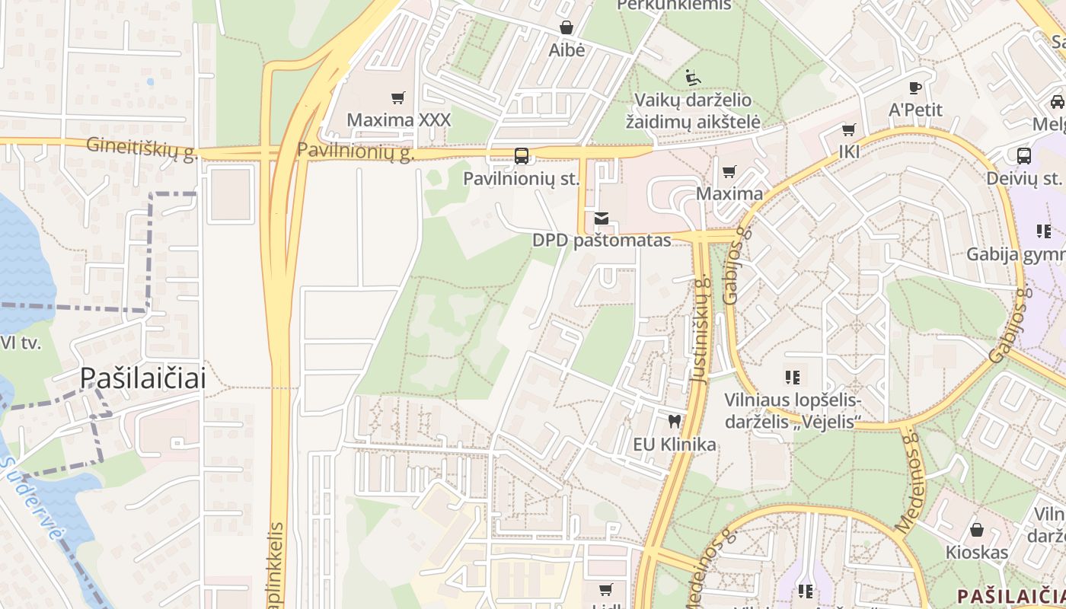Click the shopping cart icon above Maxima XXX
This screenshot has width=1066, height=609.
coord(397,97)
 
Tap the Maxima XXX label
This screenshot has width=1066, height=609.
coord(398,120)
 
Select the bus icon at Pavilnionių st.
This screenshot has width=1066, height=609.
coord(522,156)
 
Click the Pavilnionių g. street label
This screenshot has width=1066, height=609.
coord(356,151)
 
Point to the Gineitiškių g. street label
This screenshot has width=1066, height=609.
coord(142,147)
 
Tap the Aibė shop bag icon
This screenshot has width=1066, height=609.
coord(567,28)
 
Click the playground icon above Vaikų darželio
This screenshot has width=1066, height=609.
coord(693,77)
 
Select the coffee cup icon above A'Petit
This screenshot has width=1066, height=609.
coord(915,88)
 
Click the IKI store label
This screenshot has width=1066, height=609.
coord(849,151)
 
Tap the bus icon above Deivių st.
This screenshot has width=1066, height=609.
coord(1024,156)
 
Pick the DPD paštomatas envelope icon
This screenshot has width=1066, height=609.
coord(602,218)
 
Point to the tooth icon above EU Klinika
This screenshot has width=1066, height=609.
coord(674,421)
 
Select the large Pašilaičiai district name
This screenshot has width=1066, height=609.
coord(143,378)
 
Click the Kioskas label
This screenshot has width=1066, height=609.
coord(977,552)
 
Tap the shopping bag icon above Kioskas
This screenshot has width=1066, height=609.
coord(977,529)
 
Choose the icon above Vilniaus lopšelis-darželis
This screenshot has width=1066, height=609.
coord(793,377)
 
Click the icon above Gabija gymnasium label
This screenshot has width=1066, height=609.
coord(1043,231)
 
